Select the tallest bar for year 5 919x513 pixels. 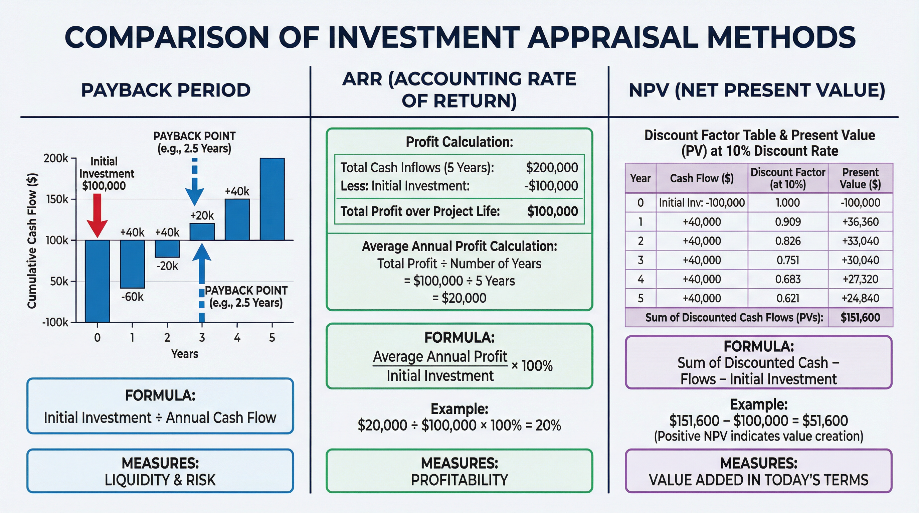(272, 199)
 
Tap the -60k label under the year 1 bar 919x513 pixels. (132, 297)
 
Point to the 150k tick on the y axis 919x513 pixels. (57, 199)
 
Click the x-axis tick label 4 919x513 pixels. (237, 337)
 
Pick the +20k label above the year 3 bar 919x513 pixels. (202, 215)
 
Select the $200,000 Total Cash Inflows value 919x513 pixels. (552, 167)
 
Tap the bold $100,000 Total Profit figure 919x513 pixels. (552, 211)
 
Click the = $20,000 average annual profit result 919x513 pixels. (459, 298)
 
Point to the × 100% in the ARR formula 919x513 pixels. (532, 366)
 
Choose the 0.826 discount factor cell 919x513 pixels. (788, 241)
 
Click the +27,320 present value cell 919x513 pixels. (860, 279)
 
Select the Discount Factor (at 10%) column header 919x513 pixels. (788, 178)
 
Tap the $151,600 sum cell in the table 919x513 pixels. (860, 318)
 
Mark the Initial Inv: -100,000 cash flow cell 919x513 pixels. (702, 203)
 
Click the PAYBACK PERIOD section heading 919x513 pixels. (166, 90)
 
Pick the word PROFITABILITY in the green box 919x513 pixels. (459, 480)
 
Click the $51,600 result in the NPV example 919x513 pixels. (825, 421)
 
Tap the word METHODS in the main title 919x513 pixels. (781, 37)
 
